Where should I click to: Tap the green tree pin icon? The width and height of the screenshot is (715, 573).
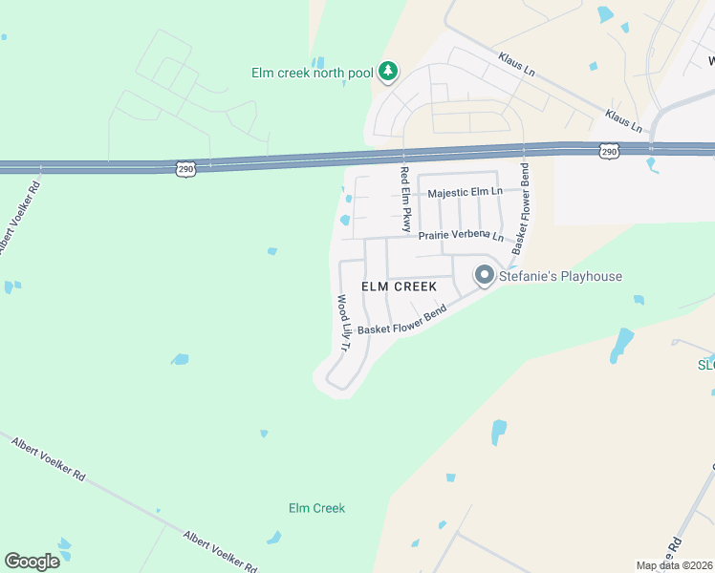click(387, 71)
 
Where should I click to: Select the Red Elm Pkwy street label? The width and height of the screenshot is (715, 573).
click(405, 200)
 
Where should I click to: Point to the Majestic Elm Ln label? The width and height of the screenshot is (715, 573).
click(466, 193)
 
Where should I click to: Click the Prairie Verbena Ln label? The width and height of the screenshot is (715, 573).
click(461, 235)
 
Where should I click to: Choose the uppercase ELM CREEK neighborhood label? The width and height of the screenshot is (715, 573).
click(399, 286)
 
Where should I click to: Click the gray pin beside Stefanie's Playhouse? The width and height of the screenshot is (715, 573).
click(485, 276)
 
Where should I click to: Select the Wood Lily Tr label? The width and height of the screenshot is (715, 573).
click(343, 324)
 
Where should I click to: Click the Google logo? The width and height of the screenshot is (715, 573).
click(32, 562)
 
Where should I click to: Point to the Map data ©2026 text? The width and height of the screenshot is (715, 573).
click(675, 565)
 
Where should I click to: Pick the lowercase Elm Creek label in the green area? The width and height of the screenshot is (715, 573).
click(316, 508)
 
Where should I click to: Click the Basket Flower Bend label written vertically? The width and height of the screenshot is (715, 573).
click(522, 207)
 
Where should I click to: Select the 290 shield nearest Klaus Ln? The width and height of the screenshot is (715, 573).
click(609, 151)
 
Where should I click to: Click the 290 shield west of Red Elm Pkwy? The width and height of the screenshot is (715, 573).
click(186, 169)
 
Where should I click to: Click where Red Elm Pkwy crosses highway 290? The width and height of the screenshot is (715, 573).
click(404, 156)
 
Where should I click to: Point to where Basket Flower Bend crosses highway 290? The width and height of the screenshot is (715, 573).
click(525, 150)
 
